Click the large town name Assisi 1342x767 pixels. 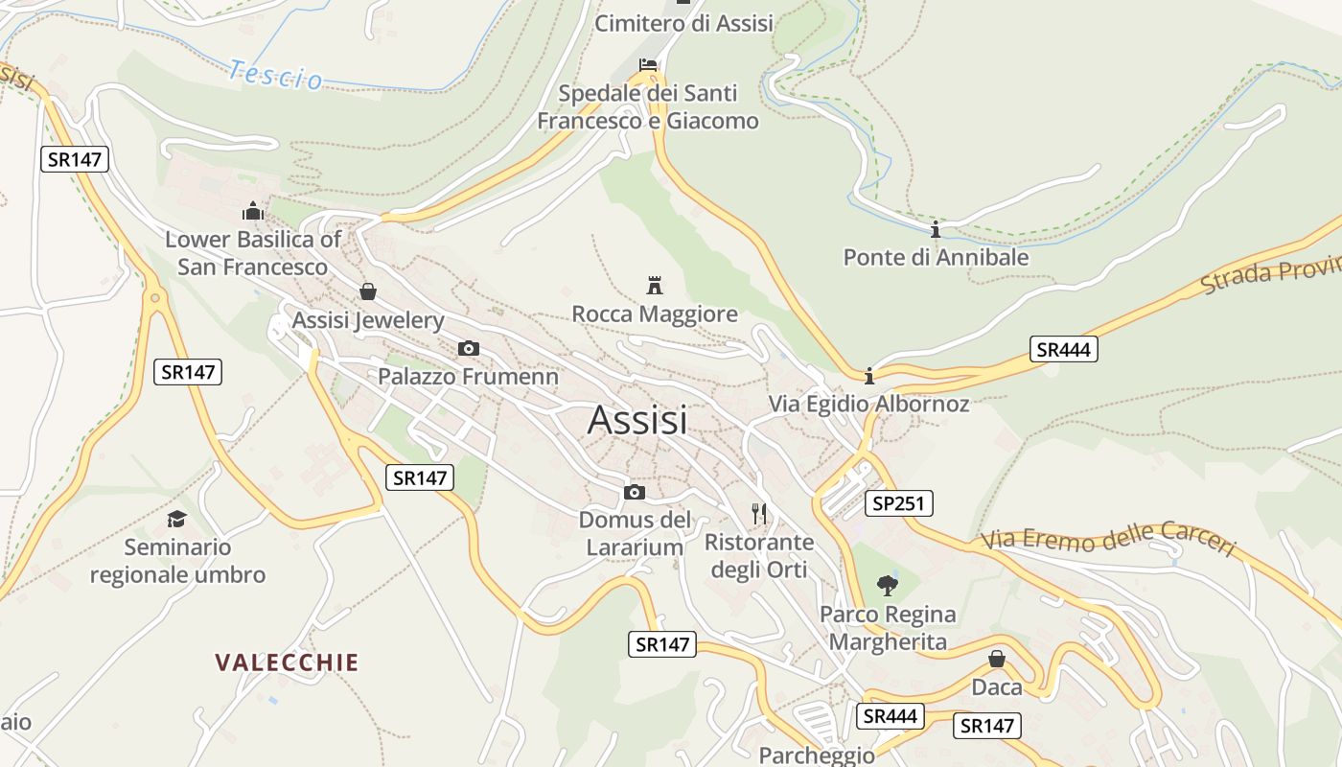637,420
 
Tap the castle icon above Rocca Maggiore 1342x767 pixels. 655,285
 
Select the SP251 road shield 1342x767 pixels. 898,503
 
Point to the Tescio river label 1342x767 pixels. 276,75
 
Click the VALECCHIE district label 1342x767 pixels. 287,662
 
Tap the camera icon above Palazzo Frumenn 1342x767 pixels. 468,348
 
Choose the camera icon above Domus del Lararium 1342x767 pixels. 634,492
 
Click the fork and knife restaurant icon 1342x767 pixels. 759,514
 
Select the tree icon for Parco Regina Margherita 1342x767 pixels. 888,585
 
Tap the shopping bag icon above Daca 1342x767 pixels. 997,659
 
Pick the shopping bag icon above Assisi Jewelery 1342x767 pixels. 367,291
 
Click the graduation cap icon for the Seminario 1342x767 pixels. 176,519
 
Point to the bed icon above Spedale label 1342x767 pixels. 648,65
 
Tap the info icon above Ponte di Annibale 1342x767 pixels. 935,229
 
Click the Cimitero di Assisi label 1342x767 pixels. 683,23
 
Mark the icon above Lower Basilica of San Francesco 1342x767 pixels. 252,211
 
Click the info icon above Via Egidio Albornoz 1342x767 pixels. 868,375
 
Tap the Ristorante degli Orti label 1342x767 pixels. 758,556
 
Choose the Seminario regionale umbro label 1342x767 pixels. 177,561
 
